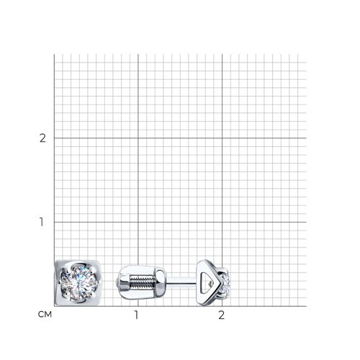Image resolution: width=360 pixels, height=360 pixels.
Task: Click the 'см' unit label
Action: tap(45, 315)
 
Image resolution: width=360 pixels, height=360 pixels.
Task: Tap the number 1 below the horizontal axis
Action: tap(137, 315)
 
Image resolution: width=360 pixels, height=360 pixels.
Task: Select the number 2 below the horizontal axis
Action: tap(222, 315)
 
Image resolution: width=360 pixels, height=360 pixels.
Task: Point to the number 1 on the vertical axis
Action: tap(42, 222)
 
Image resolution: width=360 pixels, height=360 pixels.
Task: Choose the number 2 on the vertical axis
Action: tap(42, 138)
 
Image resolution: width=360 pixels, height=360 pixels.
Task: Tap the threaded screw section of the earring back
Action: tap(141, 282)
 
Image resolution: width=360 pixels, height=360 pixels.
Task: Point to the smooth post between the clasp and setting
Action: tap(181, 281)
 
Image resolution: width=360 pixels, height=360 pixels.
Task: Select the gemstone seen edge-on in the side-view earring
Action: tap(225, 282)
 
